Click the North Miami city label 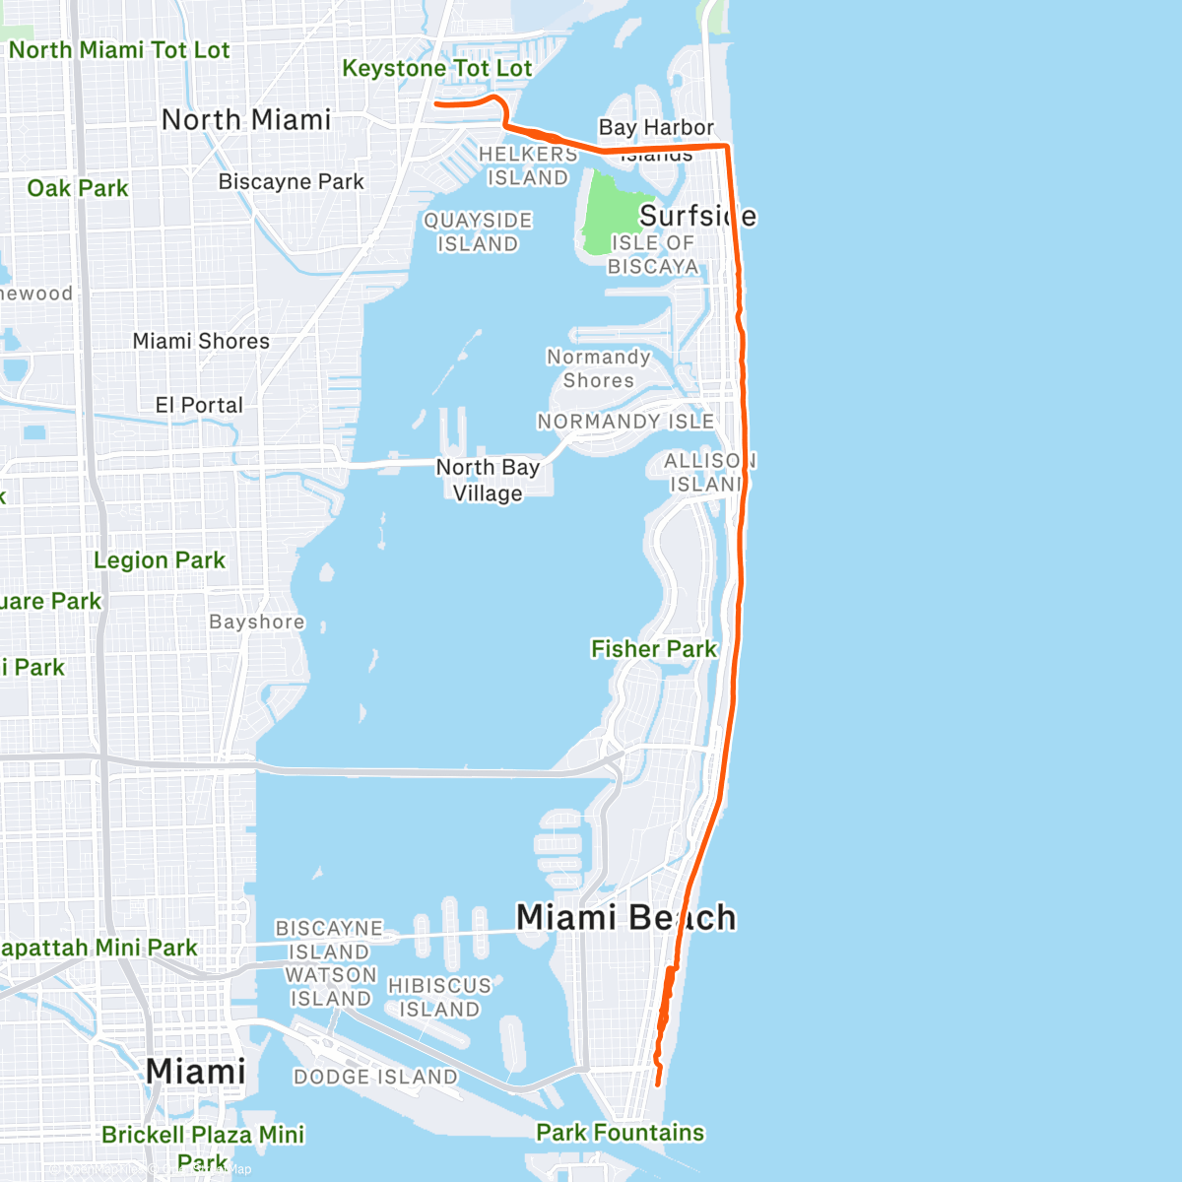click(246, 119)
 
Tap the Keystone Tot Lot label click(436, 68)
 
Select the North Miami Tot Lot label click(118, 49)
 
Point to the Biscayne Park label click(291, 181)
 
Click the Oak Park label click(78, 188)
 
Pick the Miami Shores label click(201, 341)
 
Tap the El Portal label click(199, 405)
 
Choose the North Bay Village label click(488, 480)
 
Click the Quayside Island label click(478, 231)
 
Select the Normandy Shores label click(599, 368)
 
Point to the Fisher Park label click(654, 648)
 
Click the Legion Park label click(160, 560)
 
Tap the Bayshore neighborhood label click(257, 622)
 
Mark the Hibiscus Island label click(439, 997)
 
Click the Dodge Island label click(375, 1077)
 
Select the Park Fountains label click(621, 1132)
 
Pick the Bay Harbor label click(656, 127)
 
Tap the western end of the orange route click(436, 103)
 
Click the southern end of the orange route click(658, 1084)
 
